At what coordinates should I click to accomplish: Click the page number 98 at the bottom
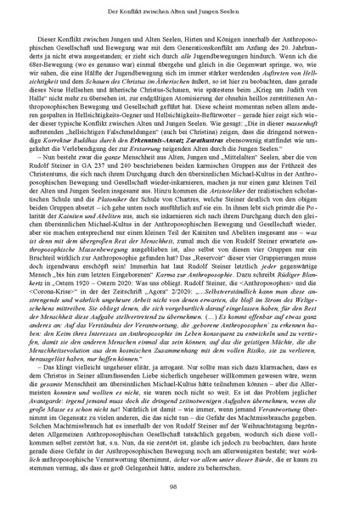click(179, 485)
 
